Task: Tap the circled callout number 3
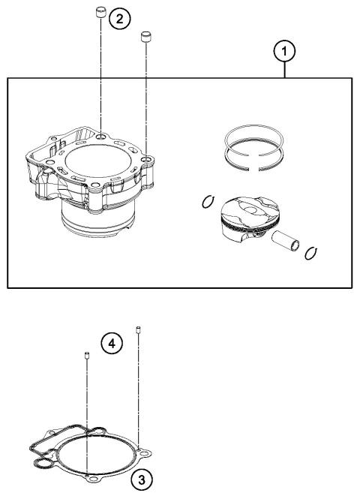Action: coord(138,477)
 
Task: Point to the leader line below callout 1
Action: coord(284,70)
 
